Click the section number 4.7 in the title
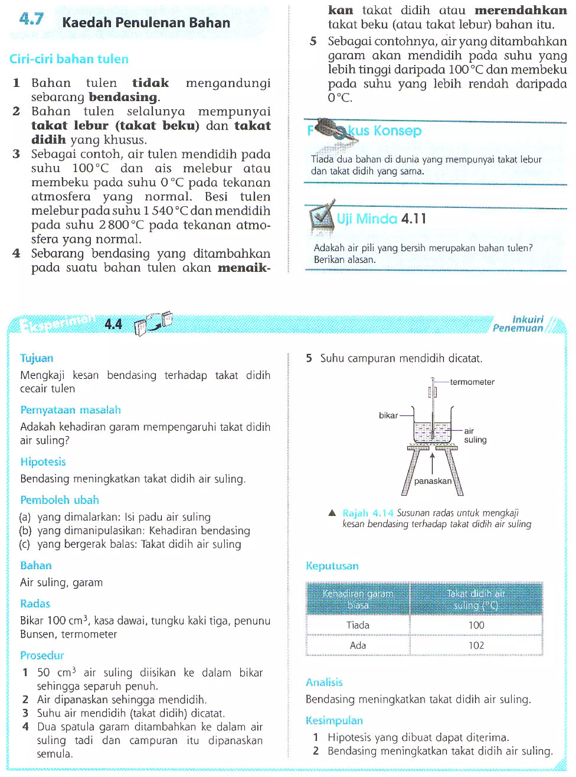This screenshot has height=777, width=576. coord(31,19)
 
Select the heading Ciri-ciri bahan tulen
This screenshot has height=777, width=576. coord(69,59)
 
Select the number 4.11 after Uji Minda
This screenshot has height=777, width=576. coord(413,219)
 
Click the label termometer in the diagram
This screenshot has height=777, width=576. coord(472,382)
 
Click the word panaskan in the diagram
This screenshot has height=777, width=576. coord(433,481)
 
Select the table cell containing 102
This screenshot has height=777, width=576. coord(476,646)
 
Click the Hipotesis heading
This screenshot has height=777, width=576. coord(43,462)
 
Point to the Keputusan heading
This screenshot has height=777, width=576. coord(332,566)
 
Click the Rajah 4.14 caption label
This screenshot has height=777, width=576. coord(368,513)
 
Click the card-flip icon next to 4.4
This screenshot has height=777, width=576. coord(154,323)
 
